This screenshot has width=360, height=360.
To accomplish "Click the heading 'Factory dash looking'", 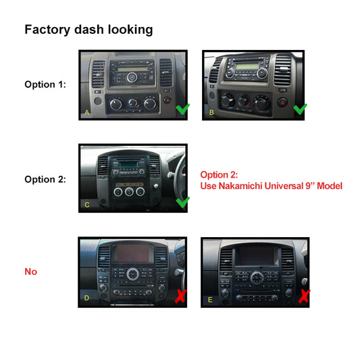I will tap(88, 30).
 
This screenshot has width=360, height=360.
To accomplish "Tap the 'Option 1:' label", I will tap(45, 84).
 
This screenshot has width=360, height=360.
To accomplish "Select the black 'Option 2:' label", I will tap(45, 179).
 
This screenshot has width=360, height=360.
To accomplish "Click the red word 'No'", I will tap(30, 272).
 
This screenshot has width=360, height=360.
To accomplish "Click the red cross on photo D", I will tap(181, 294).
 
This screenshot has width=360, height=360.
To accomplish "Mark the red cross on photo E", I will tap(304, 295).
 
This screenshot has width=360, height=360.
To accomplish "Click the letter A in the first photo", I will tap(86, 112).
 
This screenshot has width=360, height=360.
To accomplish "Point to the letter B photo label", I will tap(211, 112).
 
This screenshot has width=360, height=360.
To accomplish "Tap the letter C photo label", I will tap(86, 205).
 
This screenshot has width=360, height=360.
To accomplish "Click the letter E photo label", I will tap(210, 298).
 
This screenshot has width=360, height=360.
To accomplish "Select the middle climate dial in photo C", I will tap(130, 191).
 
